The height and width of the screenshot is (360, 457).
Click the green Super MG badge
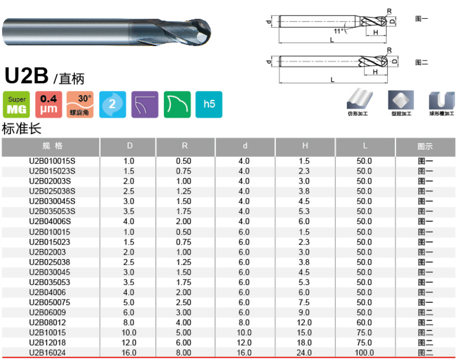coord(17,104)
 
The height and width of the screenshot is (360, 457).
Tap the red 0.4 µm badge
coord(49,104)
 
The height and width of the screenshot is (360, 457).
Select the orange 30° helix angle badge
coord(80,104)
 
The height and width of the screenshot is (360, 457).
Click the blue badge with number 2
coord(113,104)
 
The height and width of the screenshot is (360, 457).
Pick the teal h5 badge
coord(209,104)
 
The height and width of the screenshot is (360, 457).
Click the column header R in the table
coord(185,146)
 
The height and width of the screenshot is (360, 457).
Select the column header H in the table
coord(305,146)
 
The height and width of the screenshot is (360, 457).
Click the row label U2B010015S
coord(52,161)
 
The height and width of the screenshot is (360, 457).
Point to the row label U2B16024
coord(48,353)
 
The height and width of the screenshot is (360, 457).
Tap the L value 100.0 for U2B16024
coord(364,353)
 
